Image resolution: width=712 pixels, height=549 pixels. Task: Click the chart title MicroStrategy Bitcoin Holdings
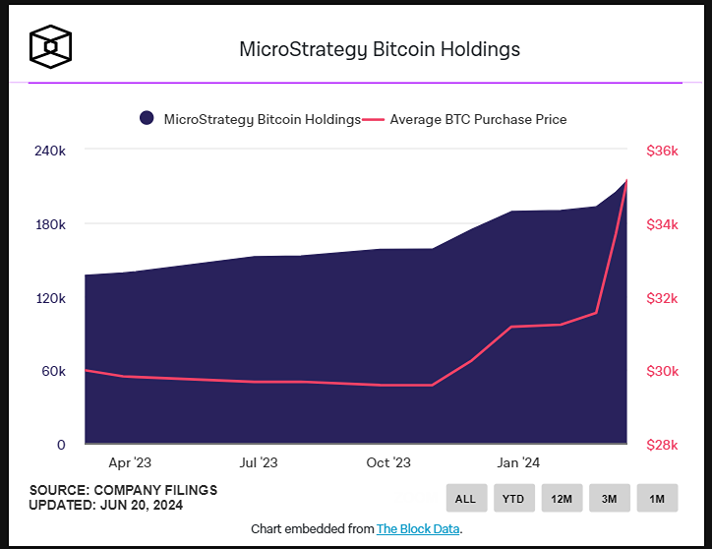(380, 49)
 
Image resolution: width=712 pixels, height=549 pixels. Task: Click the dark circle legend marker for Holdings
(147, 119)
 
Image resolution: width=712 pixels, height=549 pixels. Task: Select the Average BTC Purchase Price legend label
(478, 119)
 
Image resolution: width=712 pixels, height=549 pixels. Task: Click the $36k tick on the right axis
(662, 151)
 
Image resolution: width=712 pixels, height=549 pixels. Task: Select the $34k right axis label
(662, 224)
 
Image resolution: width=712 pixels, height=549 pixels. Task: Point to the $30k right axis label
(662, 371)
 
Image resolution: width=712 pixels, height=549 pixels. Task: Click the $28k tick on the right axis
(662, 445)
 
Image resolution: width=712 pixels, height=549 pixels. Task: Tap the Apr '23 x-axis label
(130, 462)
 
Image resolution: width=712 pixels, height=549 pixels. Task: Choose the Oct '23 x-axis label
(387, 462)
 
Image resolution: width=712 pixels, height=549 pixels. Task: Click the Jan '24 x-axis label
(517, 462)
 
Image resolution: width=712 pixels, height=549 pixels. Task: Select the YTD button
(513, 499)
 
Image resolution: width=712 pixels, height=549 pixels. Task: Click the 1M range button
(657, 499)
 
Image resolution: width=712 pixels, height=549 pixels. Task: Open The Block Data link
(417, 528)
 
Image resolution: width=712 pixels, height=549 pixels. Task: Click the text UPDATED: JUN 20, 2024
(106, 506)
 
